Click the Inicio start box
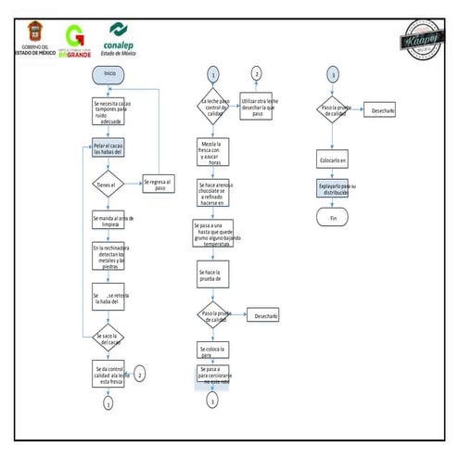point(109,73)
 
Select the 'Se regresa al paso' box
point(159,184)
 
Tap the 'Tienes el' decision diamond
point(108,184)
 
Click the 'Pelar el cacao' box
point(108,148)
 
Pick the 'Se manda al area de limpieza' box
point(108,220)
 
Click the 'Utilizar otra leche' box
point(258,106)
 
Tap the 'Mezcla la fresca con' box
point(212,152)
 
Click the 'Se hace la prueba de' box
point(212,275)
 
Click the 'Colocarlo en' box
point(332,159)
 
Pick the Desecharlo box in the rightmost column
point(382,110)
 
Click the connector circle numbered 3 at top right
point(332,74)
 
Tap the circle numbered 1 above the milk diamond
point(212,74)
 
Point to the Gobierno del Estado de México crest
point(34,35)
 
